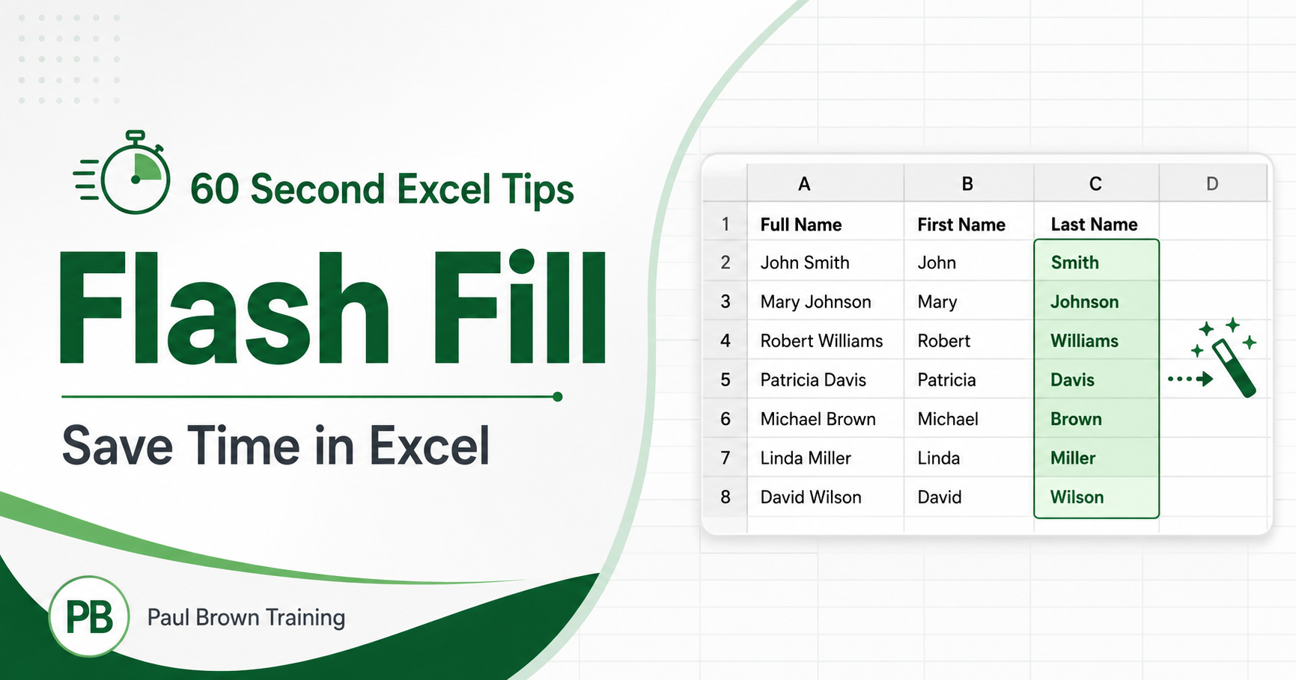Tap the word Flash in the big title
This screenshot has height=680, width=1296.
pyautogui.click(x=224, y=308)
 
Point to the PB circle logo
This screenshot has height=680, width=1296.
pyautogui.click(x=89, y=616)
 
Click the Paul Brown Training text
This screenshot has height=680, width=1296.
pyautogui.click(x=246, y=617)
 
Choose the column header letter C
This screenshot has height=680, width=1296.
pyautogui.click(x=1095, y=184)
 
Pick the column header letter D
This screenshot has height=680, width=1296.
pyautogui.click(x=1212, y=184)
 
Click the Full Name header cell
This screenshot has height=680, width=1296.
pyautogui.click(x=825, y=224)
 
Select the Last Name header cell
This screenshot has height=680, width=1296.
pyautogui.click(x=1096, y=224)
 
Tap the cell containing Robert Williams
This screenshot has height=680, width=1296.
pyautogui.click(x=825, y=341)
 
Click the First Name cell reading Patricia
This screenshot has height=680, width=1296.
pyautogui.click(x=969, y=380)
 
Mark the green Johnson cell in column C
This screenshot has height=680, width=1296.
pyautogui.click(x=1096, y=301)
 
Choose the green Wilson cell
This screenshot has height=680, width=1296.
pyautogui.click(x=1096, y=497)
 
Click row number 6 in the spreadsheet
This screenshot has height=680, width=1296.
pyautogui.click(x=725, y=419)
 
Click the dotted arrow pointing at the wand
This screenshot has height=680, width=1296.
pyautogui.click(x=1190, y=379)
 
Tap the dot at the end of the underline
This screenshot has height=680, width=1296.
pyautogui.click(x=557, y=396)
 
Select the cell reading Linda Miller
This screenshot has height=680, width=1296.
pyautogui.click(x=825, y=458)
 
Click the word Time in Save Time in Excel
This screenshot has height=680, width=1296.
pyautogui.click(x=244, y=446)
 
